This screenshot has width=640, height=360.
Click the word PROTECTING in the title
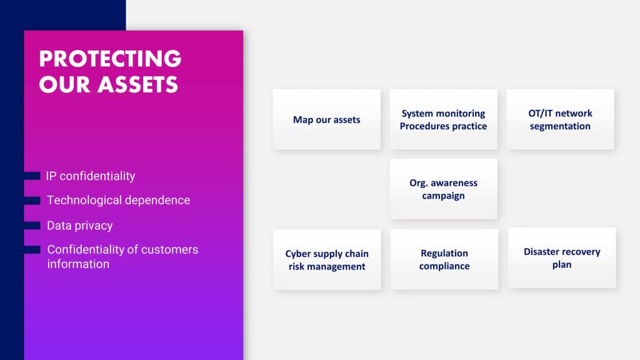tap(110, 58)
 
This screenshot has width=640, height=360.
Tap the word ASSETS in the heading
tap(137, 84)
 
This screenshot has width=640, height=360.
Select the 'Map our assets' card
tap(326, 119)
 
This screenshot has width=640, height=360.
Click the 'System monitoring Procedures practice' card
tap(443, 119)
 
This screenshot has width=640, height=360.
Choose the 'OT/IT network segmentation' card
tap(560, 119)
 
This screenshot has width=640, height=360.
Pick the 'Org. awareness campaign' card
tap(443, 189)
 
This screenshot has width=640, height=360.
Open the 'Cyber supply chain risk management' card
tap(327, 259)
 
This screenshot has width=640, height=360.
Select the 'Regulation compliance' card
tap(444, 259)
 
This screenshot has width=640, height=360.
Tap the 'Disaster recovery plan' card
tap(562, 257)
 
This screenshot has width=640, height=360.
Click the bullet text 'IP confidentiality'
tap(90, 176)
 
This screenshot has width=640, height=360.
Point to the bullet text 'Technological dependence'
tap(118, 200)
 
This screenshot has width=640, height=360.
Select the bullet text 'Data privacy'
tap(79, 225)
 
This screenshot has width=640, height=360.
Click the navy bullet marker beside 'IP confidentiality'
tap(32, 176)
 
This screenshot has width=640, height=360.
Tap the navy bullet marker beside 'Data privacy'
tap(32, 226)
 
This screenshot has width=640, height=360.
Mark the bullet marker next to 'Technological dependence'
tap(32, 201)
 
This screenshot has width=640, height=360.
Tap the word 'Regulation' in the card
tap(444, 254)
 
